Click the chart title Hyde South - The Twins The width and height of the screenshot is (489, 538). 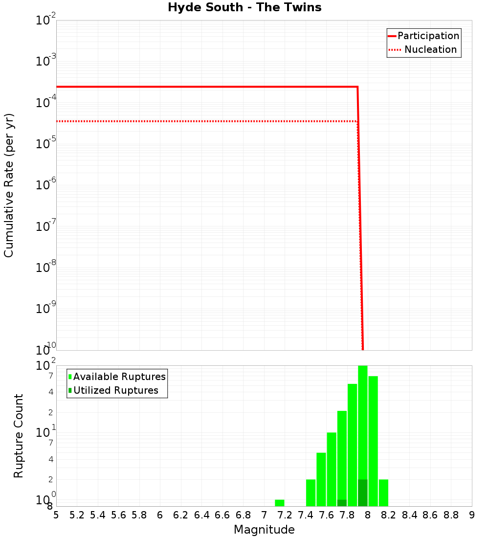244,8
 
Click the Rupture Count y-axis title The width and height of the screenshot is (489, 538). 19,435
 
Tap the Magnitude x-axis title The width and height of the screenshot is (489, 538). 264,530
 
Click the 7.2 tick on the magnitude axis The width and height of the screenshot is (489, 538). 285,515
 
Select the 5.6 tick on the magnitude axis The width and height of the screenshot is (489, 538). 118,515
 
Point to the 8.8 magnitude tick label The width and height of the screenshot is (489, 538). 451,515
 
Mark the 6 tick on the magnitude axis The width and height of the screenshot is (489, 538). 160,515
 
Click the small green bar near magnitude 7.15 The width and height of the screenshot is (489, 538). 280,503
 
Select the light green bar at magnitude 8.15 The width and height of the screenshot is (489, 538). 383,493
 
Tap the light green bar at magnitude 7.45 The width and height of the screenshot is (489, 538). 311,493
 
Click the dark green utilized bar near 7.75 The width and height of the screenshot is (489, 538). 342,503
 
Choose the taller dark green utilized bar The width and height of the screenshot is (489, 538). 363,493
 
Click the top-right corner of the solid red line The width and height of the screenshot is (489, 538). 357,87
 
